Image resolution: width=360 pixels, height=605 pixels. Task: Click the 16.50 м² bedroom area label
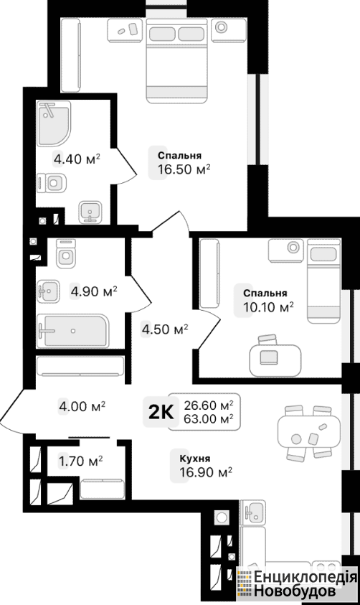pyautogui.click(x=184, y=169)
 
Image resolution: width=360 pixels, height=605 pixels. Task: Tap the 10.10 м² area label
pyautogui.click(x=268, y=307)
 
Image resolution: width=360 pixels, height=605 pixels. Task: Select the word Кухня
pyautogui.click(x=194, y=459)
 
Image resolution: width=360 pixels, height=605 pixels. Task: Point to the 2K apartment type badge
pyautogui.click(x=161, y=413)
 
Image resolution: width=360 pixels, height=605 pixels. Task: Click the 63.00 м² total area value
pyautogui.click(x=209, y=418)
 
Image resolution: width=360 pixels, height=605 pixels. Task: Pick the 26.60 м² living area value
pyautogui.click(x=209, y=405)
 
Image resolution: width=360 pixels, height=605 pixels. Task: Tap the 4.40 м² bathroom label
pyautogui.click(x=77, y=159)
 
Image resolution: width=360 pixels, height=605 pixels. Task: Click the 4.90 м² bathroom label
pyautogui.click(x=94, y=291)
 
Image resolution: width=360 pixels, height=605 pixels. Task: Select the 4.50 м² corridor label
pyautogui.click(x=165, y=329)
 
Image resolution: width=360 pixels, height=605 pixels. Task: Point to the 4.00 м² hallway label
pyautogui.click(x=82, y=406)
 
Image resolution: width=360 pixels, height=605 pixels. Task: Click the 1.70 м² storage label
pyautogui.click(x=80, y=460)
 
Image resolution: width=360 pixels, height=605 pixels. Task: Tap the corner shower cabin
pyautogui.click(x=54, y=123)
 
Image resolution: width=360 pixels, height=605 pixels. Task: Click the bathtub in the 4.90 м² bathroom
pyautogui.click(x=73, y=331)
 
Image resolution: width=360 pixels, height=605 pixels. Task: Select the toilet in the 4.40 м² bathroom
pyautogui.click(x=52, y=182)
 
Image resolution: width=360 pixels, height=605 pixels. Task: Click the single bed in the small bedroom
pyautogui.click(x=324, y=281)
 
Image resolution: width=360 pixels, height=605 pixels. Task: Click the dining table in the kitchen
pyautogui.click(x=309, y=432)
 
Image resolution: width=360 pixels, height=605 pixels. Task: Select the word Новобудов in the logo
pyautogui.click(x=295, y=591)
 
